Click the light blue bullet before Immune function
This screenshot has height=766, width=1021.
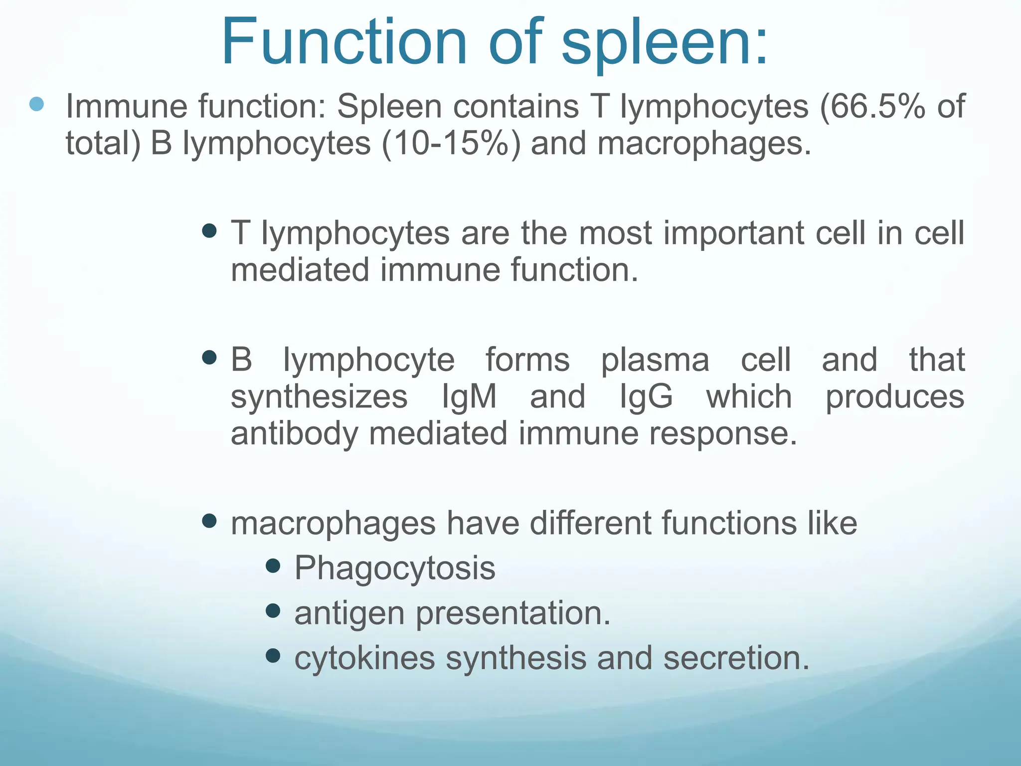click(37, 104)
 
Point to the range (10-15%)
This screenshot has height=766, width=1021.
click(451, 143)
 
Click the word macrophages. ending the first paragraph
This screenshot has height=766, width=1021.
click(704, 143)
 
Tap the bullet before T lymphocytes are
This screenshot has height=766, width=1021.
click(210, 231)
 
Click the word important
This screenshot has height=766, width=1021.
click(733, 233)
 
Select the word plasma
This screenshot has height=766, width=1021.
click(655, 360)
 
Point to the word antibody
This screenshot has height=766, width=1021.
click(294, 433)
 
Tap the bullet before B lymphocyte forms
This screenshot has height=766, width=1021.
click(210, 358)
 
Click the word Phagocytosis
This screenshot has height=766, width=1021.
click(395, 568)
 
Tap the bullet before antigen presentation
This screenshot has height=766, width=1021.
click(273, 611)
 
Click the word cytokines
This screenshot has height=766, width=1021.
click(364, 658)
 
